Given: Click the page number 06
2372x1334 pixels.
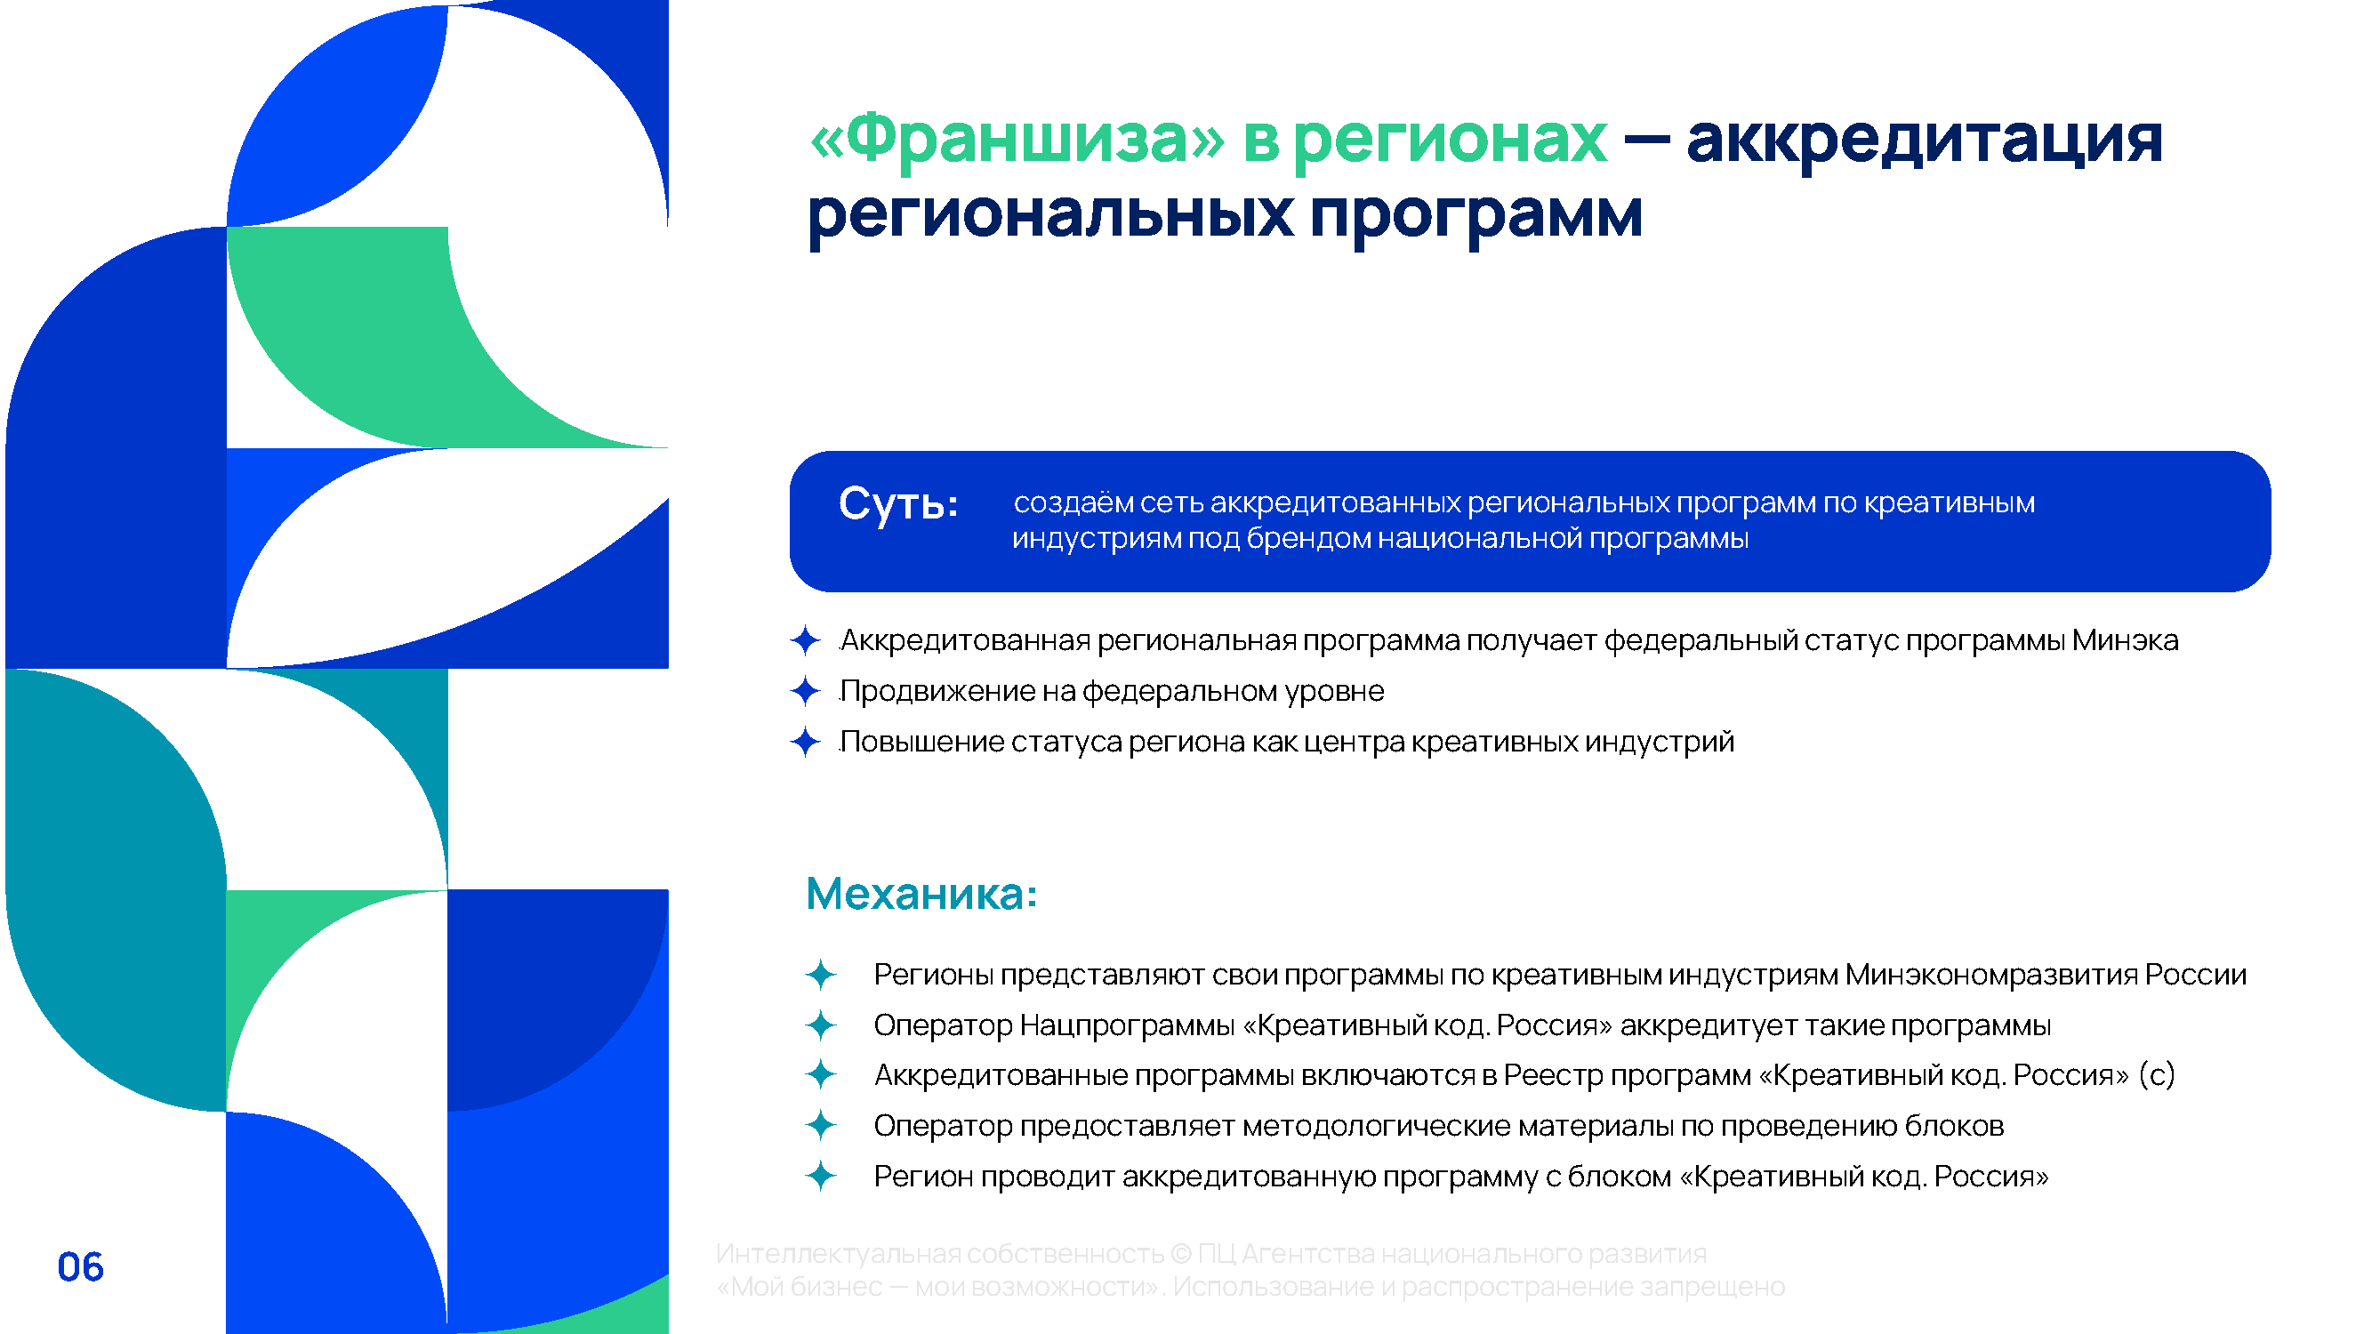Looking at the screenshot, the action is [80, 1266].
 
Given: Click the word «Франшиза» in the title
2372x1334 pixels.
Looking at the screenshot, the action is [1017, 139].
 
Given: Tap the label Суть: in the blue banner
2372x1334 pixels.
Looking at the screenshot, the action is [897, 503].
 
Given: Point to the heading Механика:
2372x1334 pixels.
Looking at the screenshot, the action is [921, 894].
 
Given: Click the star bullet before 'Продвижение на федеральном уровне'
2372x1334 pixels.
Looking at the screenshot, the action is [806, 690].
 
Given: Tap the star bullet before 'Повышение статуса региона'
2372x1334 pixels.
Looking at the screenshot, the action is [806, 741].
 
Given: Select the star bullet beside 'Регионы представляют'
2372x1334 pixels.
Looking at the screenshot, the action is [820, 974].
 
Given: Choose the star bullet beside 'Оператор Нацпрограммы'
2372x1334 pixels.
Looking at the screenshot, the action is [820, 1025].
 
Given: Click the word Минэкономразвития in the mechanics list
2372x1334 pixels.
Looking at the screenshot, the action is [1990, 975].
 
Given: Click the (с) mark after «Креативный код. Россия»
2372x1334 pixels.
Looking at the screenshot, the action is [2157, 1075].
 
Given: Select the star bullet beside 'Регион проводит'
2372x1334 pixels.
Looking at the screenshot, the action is [820, 1176].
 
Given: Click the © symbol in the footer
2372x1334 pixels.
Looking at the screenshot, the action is [1181, 1254].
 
